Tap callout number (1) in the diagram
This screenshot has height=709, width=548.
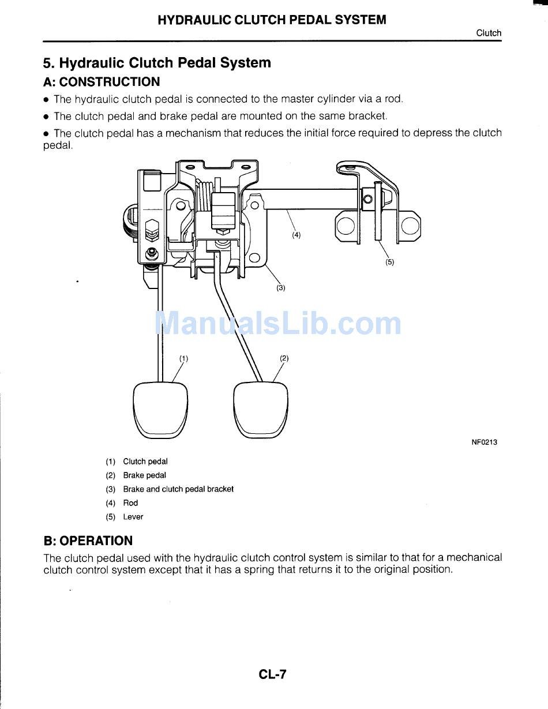click(x=183, y=358)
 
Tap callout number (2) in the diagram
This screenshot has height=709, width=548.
click(x=284, y=358)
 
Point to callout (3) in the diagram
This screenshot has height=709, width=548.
click(x=280, y=287)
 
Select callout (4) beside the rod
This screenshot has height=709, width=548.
click(x=296, y=235)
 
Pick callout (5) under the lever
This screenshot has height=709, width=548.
click(x=389, y=262)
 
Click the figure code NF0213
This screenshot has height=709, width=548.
click(x=485, y=442)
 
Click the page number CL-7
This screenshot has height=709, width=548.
click(x=273, y=674)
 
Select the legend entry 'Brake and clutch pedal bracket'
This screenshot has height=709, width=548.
click(x=178, y=489)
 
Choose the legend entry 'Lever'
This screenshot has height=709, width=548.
click(x=133, y=517)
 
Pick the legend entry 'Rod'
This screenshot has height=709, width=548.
click(x=130, y=503)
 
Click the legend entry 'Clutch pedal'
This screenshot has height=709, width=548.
click(x=145, y=462)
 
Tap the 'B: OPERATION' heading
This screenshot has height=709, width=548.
click(x=88, y=541)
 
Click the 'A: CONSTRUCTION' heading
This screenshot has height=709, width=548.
click(x=102, y=82)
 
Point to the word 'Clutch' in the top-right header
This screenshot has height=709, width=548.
click(x=489, y=33)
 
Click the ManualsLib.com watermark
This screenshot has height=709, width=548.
click(x=279, y=323)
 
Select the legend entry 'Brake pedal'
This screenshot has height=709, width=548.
click(x=144, y=475)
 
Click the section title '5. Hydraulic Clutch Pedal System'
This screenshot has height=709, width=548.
click(x=157, y=63)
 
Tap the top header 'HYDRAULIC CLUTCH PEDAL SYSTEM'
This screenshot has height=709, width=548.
click(x=272, y=20)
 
